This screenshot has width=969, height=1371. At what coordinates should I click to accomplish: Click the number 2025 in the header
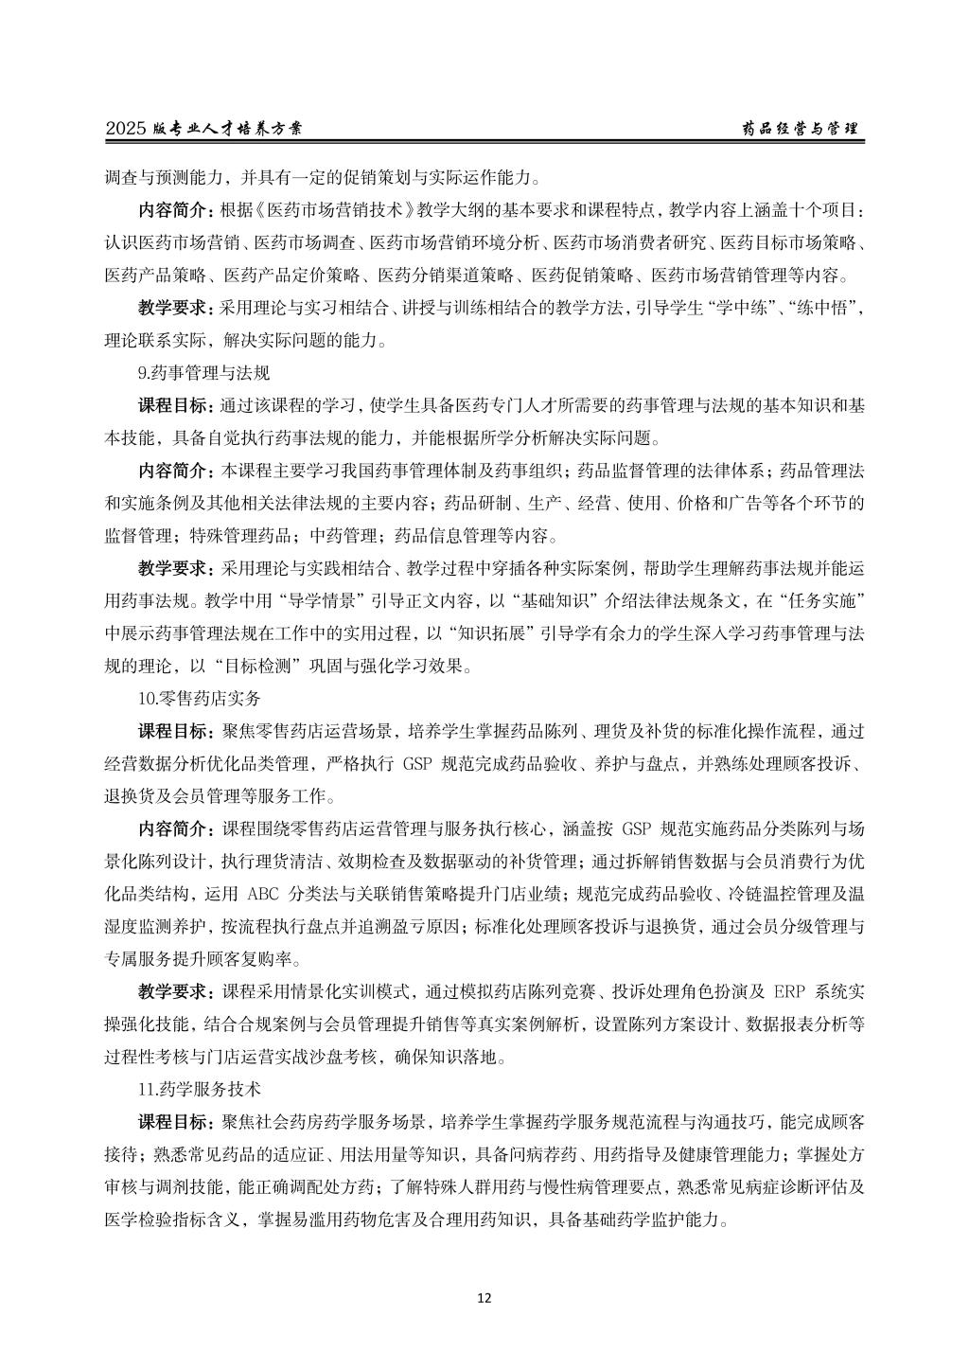(x=126, y=129)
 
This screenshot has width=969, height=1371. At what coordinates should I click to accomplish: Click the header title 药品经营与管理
(x=799, y=129)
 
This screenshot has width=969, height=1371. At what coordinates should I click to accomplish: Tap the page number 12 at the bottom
(x=484, y=1298)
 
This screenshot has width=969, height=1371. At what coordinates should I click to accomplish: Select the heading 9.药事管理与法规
(x=203, y=373)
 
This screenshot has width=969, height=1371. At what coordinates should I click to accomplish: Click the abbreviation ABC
(x=262, y=895)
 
